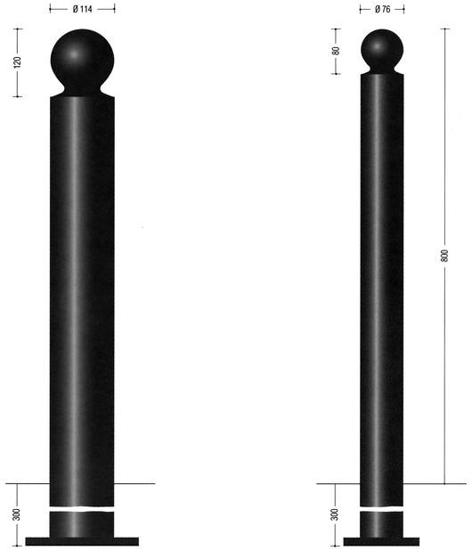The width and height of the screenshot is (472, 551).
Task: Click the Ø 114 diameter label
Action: coord(83,9)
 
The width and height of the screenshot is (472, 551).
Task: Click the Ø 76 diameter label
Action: coord(382,9)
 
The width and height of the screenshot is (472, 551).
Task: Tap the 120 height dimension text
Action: coord(17,62)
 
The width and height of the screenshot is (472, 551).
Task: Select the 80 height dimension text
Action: coord(336,51)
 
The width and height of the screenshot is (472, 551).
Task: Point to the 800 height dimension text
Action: coord(444,256)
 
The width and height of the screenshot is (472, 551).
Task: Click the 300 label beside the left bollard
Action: coord(17,514)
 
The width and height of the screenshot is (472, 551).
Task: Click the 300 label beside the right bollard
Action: coord(335,514)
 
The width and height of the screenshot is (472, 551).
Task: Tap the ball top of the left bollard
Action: coord(82,59)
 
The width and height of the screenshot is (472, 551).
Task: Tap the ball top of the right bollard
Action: coord(382,49)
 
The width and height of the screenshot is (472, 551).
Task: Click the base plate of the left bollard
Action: coord(82,541)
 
